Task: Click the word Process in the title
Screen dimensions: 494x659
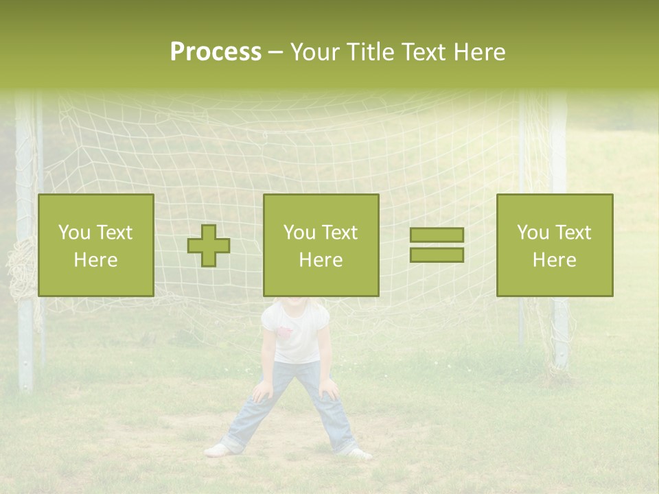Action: pyautogui.click(x=216, y=52)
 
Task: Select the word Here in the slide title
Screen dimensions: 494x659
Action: pyautogui.click(x=478, y=52)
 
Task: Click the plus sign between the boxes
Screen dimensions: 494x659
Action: pyautogui.click(x=209, y=246)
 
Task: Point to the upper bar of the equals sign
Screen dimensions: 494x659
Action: pyautogui.click(x=437, y=235)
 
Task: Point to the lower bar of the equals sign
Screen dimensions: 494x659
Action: pyautogui.click(x=437, y=255)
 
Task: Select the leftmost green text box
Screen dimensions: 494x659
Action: pyautogui.click(x=96, y=246)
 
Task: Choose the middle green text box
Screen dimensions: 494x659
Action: pyautogui.click(x=321, y=246)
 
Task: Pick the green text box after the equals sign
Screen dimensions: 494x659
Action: pyautogui.click(x=554, y=246)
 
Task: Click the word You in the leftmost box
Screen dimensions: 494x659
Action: pyautogui.click(x=73, y=233)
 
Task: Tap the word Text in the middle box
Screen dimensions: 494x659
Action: pyautogui.click(x=339, y=233)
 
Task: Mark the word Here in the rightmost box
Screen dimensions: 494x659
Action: pyautogui.click(x=554, y=260)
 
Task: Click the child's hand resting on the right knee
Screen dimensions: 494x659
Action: pyautogui.click(x=328, y=390)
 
